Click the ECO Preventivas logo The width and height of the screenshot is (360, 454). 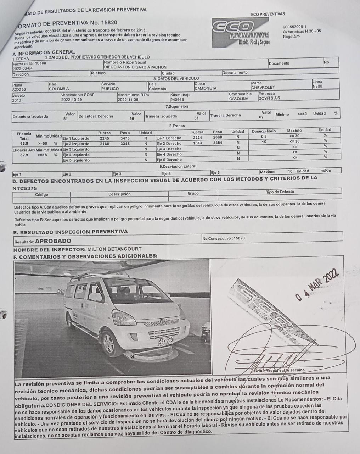click(241, 33)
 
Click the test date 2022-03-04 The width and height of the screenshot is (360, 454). click(22, 68)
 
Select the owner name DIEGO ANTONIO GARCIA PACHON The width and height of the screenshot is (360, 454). click(135, 67)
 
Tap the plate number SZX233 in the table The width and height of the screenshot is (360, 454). click(19, 89)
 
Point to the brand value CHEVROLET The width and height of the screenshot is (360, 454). click(263, 88)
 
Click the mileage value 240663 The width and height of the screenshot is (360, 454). click(177, 100)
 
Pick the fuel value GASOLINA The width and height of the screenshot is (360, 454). click(239, 99)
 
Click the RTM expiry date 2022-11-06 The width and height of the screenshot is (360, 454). click(128, 100)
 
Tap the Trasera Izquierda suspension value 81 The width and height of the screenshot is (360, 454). click(196, 118)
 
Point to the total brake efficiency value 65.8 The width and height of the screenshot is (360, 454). click(24, 144)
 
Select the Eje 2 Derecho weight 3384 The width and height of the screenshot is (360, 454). click(218, 143)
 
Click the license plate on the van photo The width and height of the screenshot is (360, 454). click(166, 341)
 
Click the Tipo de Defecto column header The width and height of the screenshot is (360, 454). click(280, 192)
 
